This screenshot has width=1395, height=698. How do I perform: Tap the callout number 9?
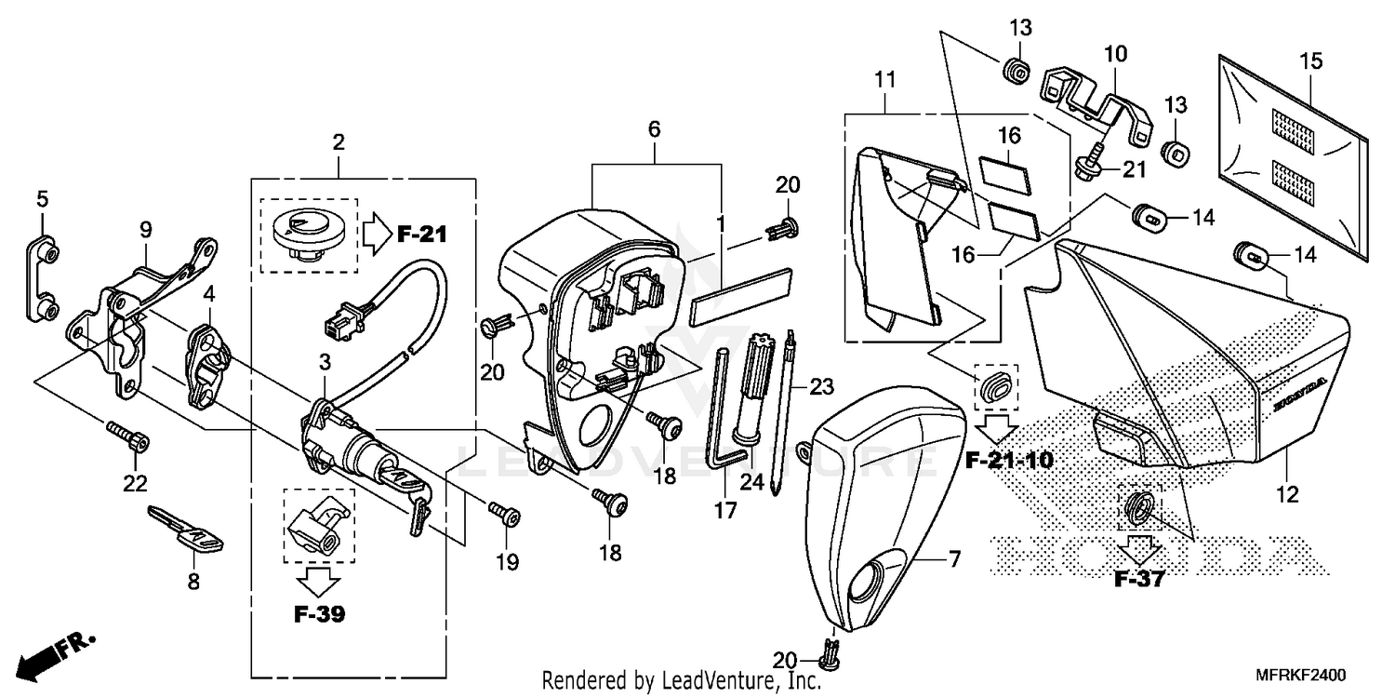pos(145,228)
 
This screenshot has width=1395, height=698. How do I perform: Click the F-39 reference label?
pos(319,615)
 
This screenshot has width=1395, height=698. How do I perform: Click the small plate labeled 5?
pos(40,277)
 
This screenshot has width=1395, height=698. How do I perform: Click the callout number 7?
pos(953,559)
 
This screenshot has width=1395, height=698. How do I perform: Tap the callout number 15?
pos(1310,62)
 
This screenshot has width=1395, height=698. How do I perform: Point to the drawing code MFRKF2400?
pos(1301,675)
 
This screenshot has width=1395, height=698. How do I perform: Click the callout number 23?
pos(822,385)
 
